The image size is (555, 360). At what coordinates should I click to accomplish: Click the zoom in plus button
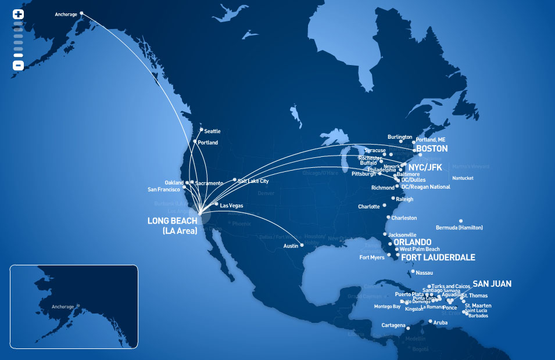[18, 14]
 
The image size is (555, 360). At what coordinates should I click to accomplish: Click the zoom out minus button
[18, 66]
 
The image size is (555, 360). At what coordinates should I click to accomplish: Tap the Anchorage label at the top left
[66, 14]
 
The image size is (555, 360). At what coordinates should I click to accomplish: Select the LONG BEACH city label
[173, 221]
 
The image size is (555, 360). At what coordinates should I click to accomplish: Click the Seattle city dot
[201, 129]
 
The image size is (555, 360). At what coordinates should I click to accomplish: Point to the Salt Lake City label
[253, 181]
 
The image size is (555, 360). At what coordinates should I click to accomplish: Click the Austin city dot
[302, 245]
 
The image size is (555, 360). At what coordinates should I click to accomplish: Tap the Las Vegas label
[231, 206]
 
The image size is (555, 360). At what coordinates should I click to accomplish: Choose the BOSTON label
[432, 149]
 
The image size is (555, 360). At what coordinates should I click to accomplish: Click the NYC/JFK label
[425, 167]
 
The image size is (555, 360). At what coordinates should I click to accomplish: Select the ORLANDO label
[412, 242]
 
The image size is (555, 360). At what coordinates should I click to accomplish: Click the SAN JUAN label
[492, 284]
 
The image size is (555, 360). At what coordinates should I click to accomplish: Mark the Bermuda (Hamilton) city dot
[460, 221]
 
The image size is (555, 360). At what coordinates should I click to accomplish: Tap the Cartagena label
[393, 325]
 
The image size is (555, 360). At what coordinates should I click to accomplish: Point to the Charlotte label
[369, 207]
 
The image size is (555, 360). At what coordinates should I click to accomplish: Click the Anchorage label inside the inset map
[63, 307]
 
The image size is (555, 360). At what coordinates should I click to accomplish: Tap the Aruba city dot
[430, 321]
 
